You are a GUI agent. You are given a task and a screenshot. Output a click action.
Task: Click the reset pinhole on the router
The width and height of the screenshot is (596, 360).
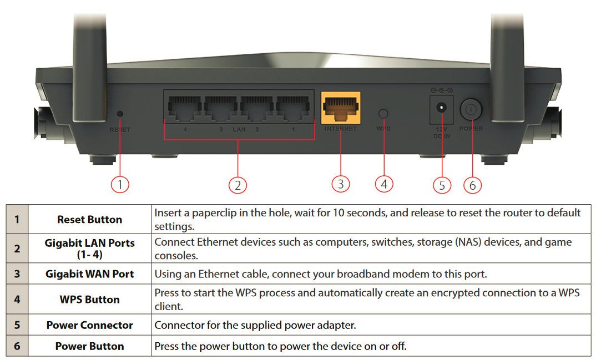click(120, 114)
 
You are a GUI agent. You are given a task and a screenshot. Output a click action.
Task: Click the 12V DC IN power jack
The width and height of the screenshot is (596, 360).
click(442, 108)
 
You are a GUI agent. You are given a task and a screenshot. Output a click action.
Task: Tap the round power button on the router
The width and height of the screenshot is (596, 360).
click(471, 109)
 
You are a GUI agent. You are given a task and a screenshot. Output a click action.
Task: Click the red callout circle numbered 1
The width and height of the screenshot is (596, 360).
click(120, 184)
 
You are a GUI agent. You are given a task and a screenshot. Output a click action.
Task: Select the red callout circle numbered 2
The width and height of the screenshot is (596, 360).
click(238, 185)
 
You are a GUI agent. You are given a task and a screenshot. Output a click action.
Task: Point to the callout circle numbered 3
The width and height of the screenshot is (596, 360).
click(341, 184)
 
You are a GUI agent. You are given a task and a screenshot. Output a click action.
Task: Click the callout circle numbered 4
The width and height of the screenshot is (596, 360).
click(384, 184)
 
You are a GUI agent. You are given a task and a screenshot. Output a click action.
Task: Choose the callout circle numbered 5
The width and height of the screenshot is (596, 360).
click(442, 185)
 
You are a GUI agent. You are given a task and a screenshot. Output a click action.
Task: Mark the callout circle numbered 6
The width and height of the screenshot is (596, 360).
click(472, 185)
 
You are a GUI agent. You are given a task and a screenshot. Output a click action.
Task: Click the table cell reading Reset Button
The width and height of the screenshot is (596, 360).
click(89, 220)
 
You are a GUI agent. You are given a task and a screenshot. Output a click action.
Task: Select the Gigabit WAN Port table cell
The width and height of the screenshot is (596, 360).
click(89, 274)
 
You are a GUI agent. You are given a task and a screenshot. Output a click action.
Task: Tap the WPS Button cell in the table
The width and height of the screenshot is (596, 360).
click(89, 300)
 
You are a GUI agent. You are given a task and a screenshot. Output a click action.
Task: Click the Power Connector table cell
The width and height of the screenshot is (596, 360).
click(89, 326)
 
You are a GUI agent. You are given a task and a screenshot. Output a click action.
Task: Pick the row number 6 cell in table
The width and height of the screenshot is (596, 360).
click(17, 346)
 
